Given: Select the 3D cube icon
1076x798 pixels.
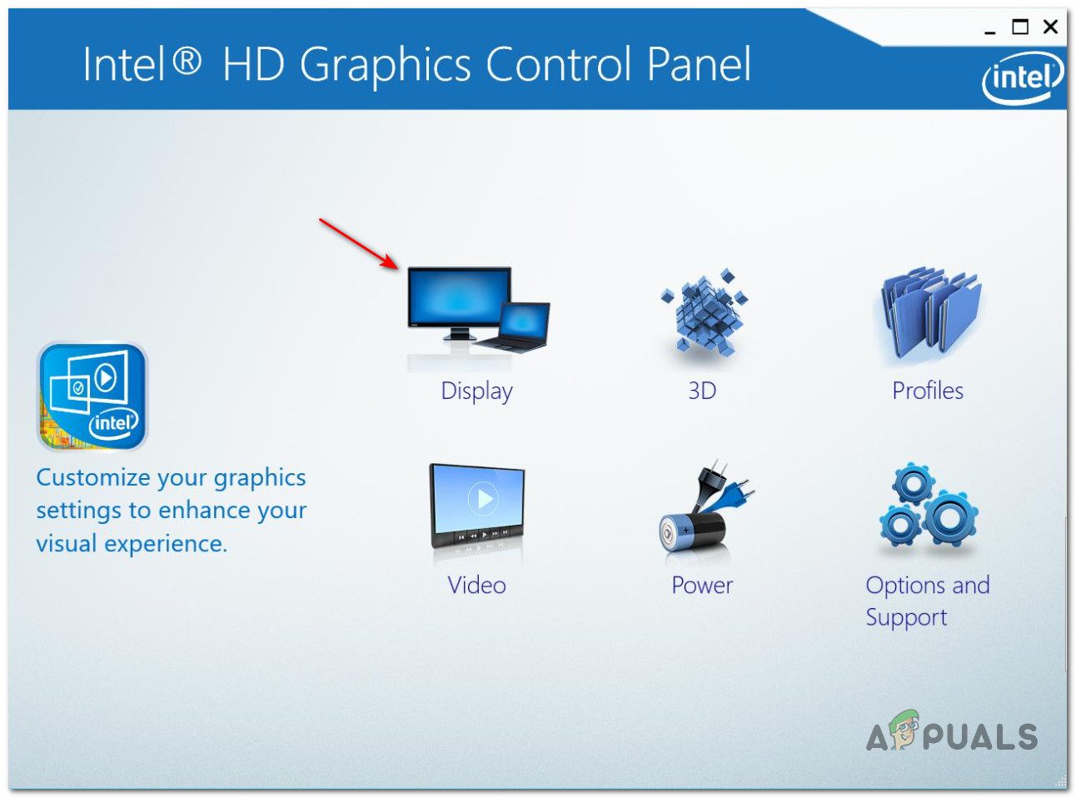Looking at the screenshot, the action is [x=704, y=312].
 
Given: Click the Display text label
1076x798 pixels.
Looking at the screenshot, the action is [x=476, y=392].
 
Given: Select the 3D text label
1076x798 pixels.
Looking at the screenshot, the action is [x=702, y=391].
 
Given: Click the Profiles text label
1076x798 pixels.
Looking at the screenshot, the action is [x=928, y=390].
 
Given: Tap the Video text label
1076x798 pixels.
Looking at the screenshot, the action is [x=476, y=585].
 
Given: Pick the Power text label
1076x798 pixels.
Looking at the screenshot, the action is [x=702, y=585].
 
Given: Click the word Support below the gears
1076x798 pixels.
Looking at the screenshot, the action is [x=906, y=618].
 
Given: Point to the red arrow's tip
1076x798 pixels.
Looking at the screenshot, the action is [x=399, y=268].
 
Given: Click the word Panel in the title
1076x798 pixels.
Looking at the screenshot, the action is [x=699, y=64].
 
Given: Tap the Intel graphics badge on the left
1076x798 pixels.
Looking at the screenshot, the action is [x=92, y=397].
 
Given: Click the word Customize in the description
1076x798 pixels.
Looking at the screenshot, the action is [x=93, y=477].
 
